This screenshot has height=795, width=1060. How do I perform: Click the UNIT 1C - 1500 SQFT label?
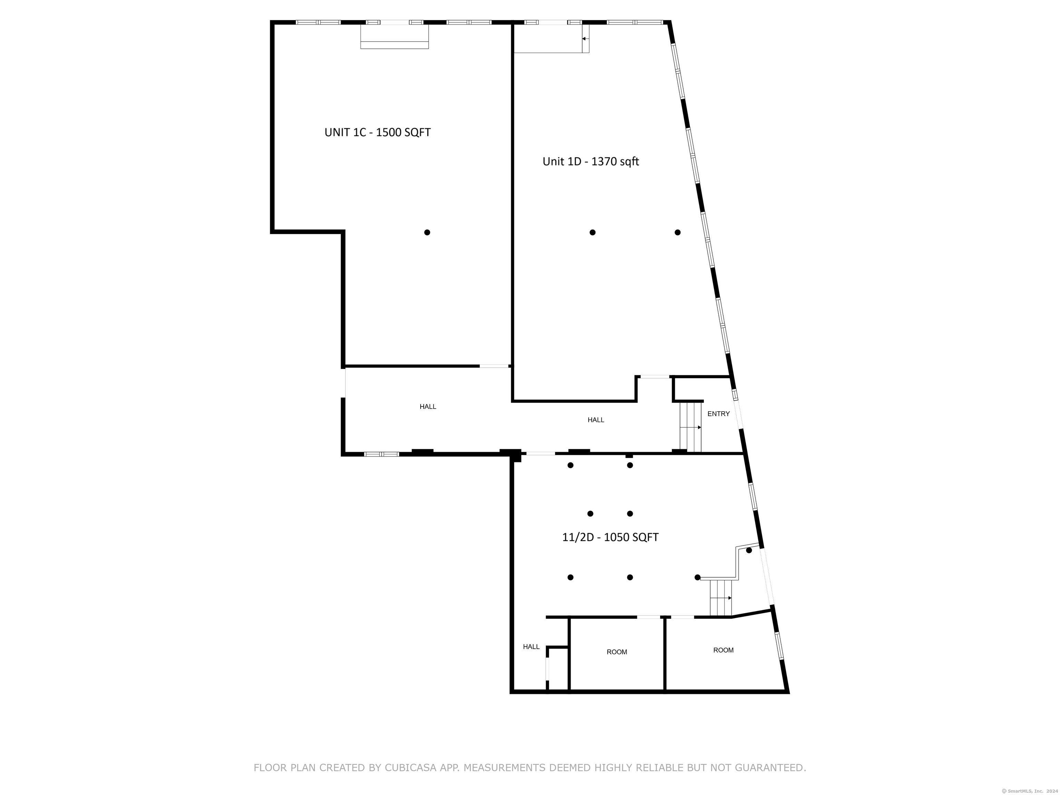pyautogui.click(x=377, y=132)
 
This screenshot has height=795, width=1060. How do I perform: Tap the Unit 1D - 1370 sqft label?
pyautogui.click(x=590, y=161)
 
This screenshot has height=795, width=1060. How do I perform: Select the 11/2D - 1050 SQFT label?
pyautogui.click(x=610, y=537)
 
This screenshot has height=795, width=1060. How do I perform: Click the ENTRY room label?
pyautogui.click(x=718, y=414)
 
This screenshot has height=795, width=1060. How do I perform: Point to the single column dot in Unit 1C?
pyautogui.click(x=427, y=233)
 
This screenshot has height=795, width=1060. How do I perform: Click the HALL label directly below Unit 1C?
pyautogui.click(x=428, y=407)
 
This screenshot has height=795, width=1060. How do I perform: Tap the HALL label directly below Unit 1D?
pyautogui.click(x=596, y=420)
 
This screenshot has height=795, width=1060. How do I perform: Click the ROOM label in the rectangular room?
pyautogui.click(x=617, y=652)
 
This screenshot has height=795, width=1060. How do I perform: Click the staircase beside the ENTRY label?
pyautogui.click(x=690, y=427)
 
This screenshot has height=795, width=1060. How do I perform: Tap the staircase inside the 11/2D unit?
pyautogui.click(x=721, y=598)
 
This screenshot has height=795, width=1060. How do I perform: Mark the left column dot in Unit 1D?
pyautogui.click(x=592, y=233)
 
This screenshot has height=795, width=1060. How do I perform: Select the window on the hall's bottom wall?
pyautogui.click(x=381, y=454)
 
